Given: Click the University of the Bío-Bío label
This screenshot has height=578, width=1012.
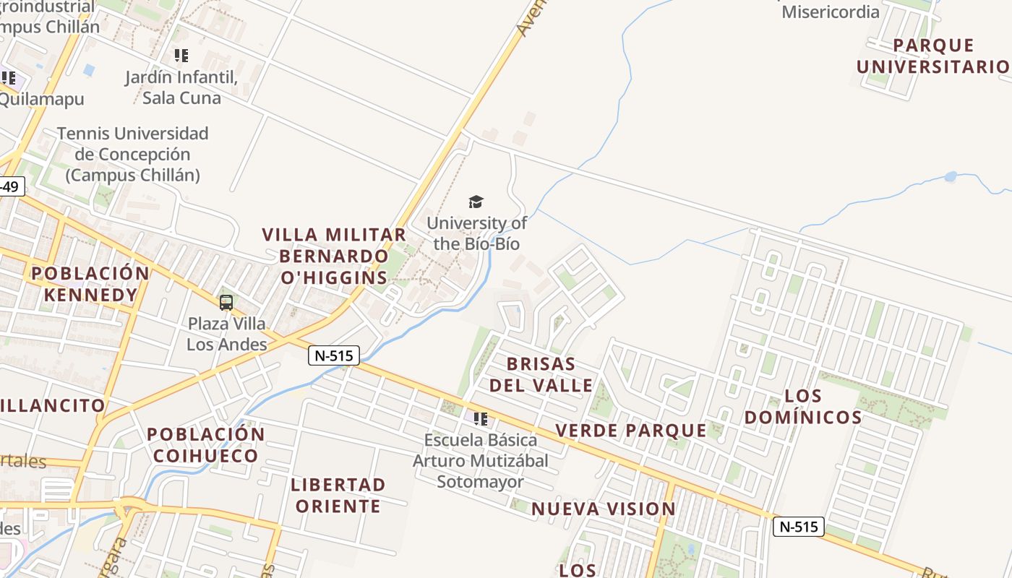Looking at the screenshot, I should pos(476,233).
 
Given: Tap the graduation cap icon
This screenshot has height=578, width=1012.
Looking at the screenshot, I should pos(476,202).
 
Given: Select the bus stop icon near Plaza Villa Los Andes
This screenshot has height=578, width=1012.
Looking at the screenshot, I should pos(226,303).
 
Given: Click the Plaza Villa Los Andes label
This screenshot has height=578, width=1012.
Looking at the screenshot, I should pos(227,334).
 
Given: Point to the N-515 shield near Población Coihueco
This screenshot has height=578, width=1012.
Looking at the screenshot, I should pos(334,355).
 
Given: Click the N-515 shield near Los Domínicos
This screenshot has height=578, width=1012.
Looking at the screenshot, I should pos(799,526).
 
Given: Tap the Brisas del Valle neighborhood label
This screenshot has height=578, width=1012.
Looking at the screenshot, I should pos(541,374).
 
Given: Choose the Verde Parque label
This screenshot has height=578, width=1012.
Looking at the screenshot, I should pos(631,431).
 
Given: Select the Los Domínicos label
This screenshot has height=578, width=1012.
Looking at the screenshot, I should pos(803,407).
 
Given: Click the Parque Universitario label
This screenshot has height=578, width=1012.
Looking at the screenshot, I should pos(933,56).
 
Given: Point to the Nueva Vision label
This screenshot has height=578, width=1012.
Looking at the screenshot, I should pos(604,509).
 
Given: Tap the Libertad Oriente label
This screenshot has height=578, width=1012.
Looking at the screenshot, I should pos(338,495).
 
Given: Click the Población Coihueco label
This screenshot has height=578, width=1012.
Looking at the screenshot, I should pos(206,445).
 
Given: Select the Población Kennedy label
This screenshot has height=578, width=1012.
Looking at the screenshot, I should pos(90,284).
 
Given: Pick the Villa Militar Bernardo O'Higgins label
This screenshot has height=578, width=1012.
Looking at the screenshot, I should pos(334,256).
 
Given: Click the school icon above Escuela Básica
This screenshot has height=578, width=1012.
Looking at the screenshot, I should pos(481,418).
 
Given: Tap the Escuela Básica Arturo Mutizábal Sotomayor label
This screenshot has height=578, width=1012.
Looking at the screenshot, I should pos(481,460).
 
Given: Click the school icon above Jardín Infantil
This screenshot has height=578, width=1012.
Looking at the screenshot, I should pos(181,55).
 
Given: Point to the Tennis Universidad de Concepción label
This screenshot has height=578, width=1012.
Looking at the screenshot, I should pos(132,154).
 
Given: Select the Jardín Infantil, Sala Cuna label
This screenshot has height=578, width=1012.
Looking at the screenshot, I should pos(181,87).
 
